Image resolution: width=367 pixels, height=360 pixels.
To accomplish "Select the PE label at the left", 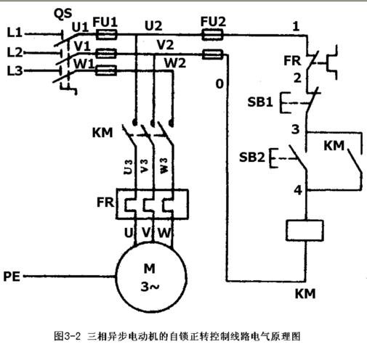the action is click(12, 277).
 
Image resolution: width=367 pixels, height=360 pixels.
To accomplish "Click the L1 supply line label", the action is click(15, 33).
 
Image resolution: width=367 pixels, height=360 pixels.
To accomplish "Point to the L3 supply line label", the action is click(15, 71).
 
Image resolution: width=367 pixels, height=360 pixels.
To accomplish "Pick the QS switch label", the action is click(62, 14).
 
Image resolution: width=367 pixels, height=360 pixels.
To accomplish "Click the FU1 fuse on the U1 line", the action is click(107, 34).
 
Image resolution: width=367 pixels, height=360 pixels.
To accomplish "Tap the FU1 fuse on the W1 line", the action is click(106, 70).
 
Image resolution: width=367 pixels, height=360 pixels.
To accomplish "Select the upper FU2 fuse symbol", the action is click(212, 34).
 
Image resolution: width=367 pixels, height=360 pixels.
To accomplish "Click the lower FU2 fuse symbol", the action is click(212, 54).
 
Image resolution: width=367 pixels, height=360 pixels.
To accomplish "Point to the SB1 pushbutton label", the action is click(260, 102).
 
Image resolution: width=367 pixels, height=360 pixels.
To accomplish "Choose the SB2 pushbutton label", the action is click(252, 157).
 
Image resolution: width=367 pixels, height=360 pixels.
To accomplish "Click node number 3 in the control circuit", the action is click(295, 129).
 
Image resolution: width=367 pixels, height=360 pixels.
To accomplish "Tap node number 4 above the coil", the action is click(298, 190).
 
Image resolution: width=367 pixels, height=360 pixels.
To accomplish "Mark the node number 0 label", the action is click(219, 84).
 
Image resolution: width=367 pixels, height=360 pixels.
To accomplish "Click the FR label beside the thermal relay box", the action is click(105, 202).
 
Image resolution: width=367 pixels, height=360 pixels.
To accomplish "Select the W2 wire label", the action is click(175, 63).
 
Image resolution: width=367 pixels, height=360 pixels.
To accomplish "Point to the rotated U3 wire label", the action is click(128, 167).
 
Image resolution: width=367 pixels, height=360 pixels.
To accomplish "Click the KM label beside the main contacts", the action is click(102, 133).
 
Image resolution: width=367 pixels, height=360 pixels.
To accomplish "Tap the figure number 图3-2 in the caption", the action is click(67, 336).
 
